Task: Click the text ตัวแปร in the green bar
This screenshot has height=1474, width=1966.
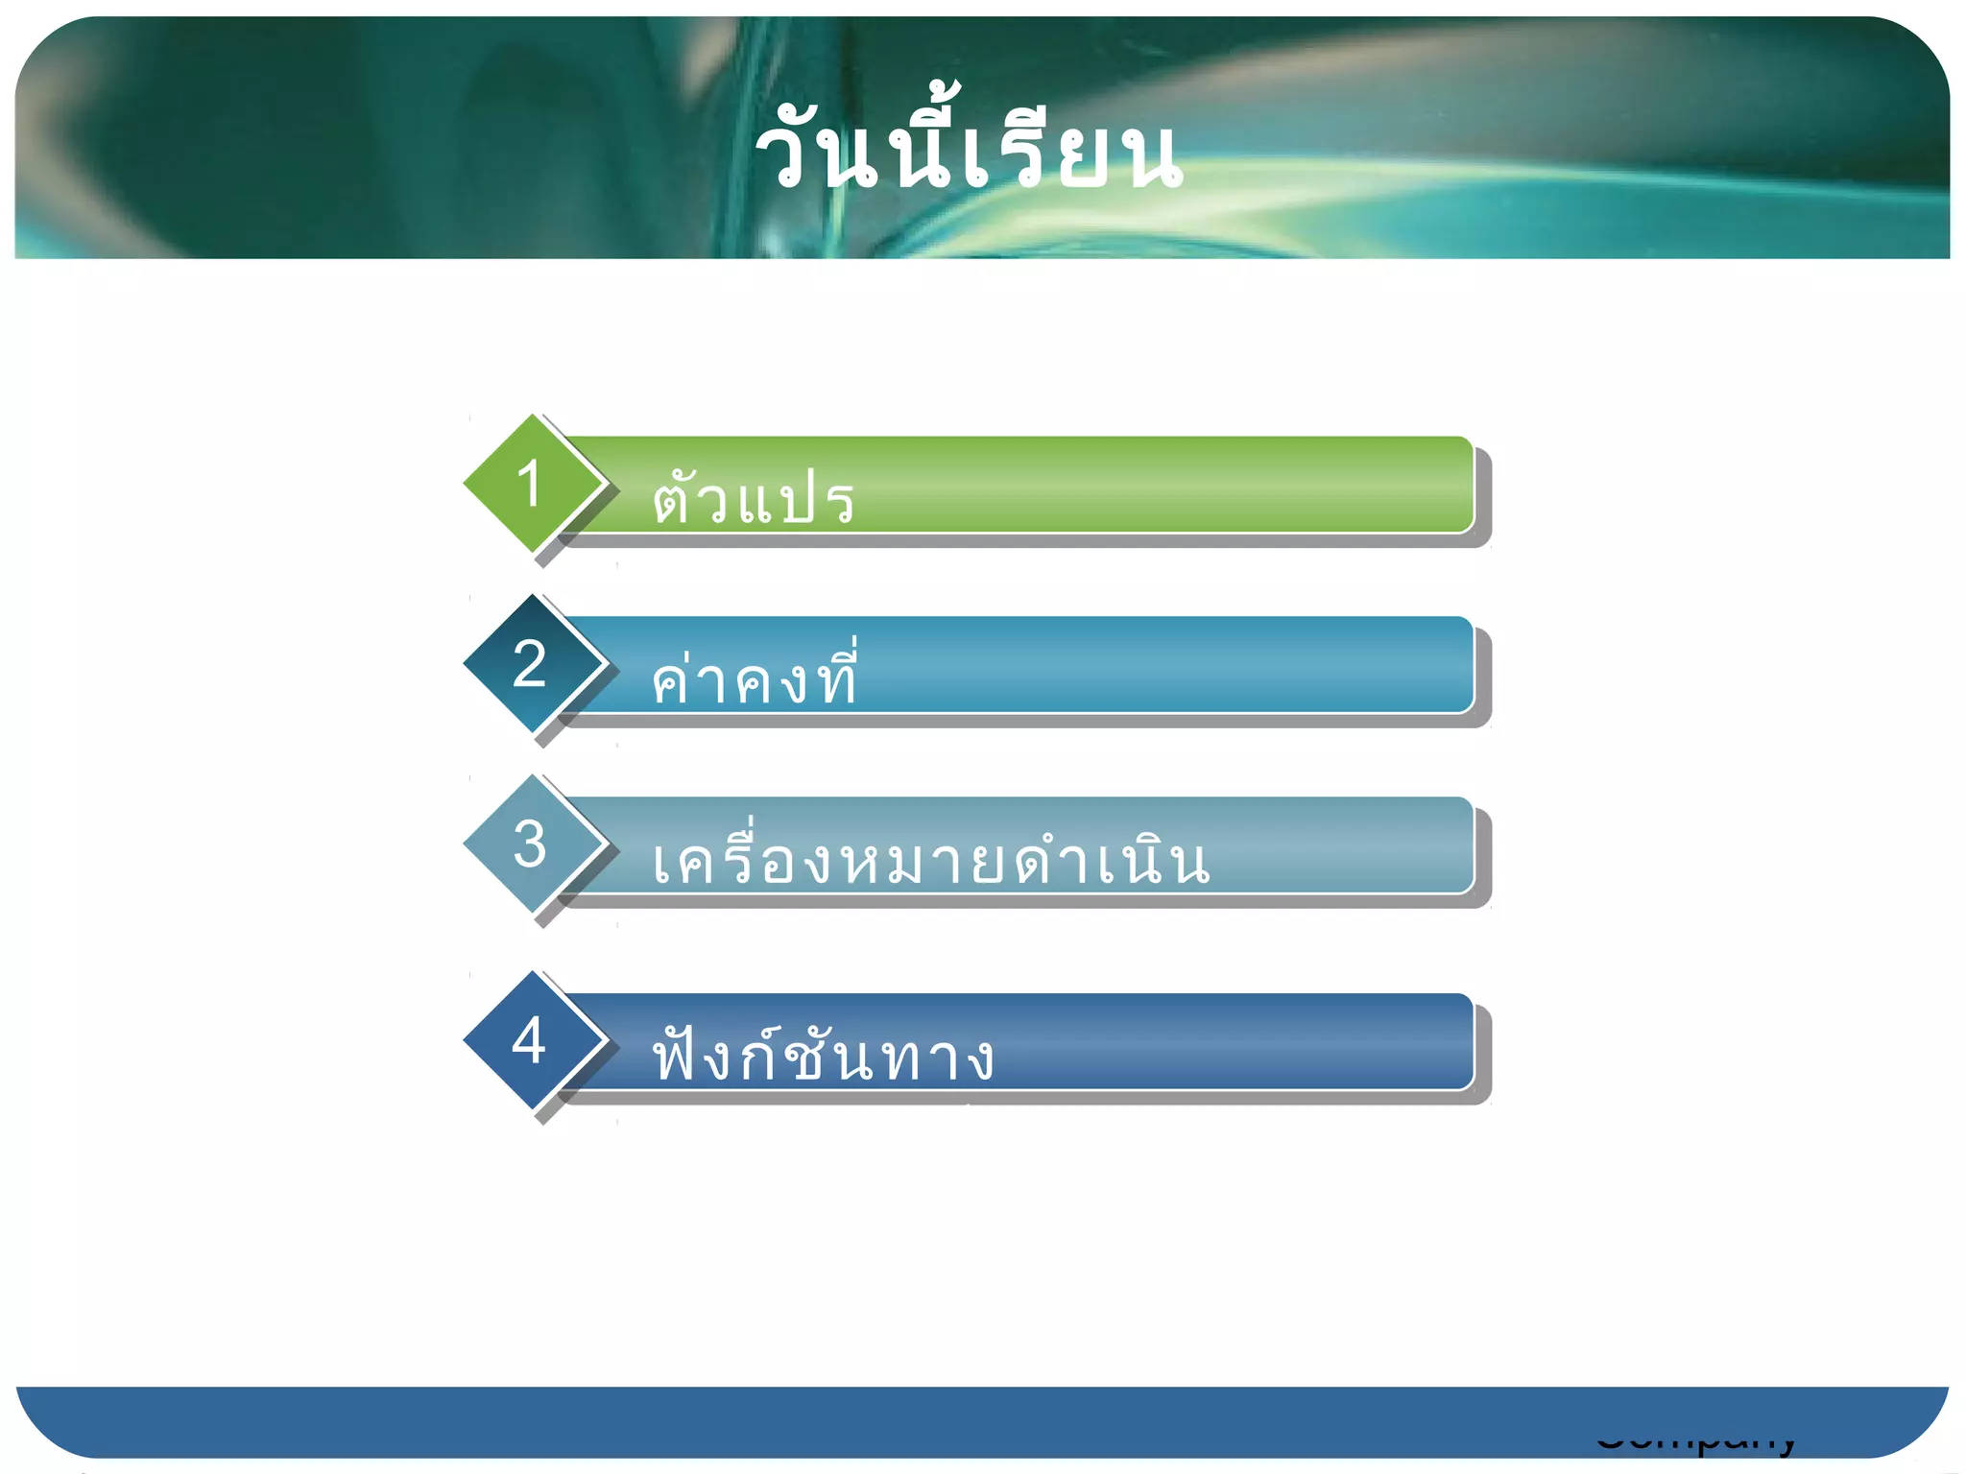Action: click(x=754, y=499)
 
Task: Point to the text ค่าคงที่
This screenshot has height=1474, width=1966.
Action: click(x=754, y=677)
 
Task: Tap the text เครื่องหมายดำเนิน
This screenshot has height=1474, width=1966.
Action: click(x=929, y=857)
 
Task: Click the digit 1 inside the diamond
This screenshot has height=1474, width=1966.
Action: click(x=529, y=483)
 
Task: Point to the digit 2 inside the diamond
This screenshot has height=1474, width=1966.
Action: click(x=529, y=663)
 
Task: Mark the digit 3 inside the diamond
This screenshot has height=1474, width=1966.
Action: click(x=529, y=844)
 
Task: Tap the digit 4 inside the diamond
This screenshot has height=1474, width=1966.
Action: click(x=529, y=1040)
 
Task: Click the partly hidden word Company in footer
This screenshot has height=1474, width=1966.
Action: click(x=1695, y=1444)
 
